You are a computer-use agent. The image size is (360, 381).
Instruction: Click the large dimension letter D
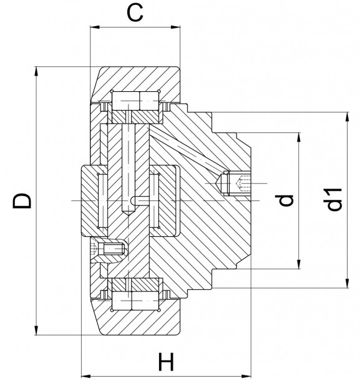point(21,201)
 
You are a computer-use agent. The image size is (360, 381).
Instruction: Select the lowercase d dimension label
point(286,200)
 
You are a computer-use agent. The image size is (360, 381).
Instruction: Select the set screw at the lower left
point(110,252)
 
